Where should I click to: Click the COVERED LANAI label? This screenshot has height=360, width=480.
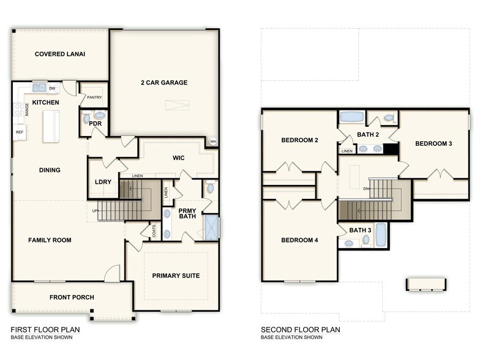tap(60, 54)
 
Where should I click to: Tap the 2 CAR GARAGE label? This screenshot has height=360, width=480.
tap(164, 83)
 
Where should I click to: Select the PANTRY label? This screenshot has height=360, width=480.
tap(94, 97)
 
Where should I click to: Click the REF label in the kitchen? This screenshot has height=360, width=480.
tap(20, 132)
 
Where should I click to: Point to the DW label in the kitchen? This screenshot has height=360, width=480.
tap(52, 88)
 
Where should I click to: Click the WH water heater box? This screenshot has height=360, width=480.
tap(213, 141)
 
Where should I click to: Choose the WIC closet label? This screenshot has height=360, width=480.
tap(179, 158)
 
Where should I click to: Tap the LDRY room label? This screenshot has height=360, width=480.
tap(103, 182)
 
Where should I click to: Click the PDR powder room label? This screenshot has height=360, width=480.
tap(95, 123)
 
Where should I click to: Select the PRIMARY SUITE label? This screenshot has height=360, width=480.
tap(176, 276)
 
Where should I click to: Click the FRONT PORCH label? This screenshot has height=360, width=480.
tap(72, 298)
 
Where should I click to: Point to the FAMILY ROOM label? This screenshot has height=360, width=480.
tap(50, 240)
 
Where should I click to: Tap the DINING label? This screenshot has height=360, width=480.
tap(50, 170)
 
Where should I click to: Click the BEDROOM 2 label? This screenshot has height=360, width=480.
tap(299, 140)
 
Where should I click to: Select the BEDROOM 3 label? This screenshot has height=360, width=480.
tap(433, 144)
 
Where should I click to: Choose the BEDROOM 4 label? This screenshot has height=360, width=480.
tap(299, 240)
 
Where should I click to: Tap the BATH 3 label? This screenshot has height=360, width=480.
tap(361, 230)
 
